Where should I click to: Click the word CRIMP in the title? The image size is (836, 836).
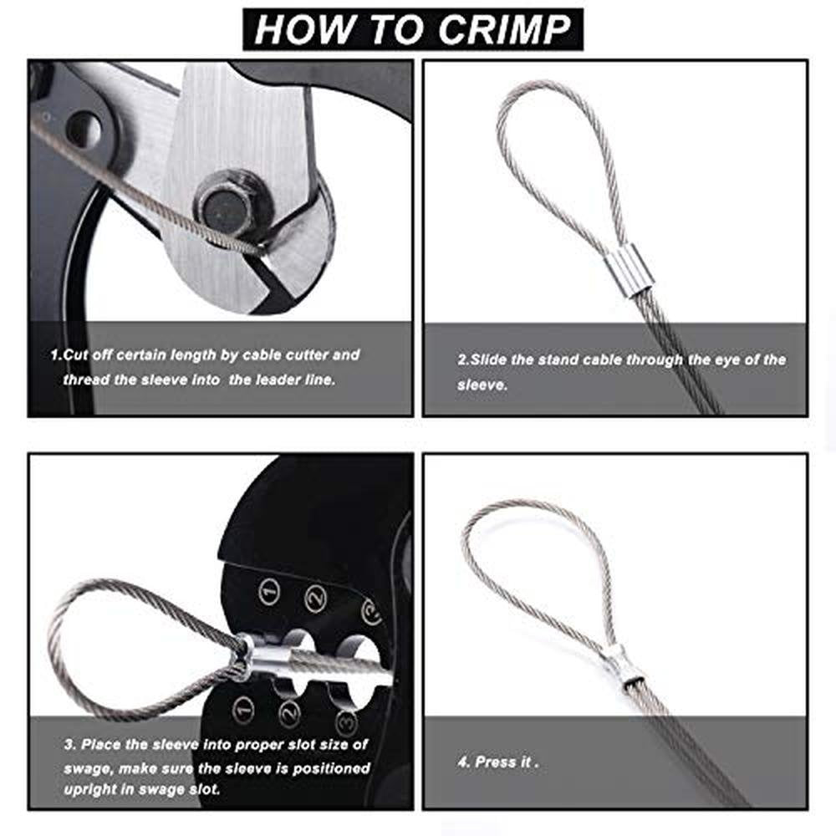[x=504, y=30]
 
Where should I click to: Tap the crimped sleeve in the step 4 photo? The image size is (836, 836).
[x=624, y=665]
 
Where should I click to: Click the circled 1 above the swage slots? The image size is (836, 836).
[x=269, y=591]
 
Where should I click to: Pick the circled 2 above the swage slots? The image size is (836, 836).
[x=316, y=599]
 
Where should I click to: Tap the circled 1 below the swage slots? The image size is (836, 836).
[x=243, y=710]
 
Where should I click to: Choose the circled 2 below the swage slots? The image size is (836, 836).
[x=289, y=714]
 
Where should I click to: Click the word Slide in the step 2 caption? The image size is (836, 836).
[x=489, y=359]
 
